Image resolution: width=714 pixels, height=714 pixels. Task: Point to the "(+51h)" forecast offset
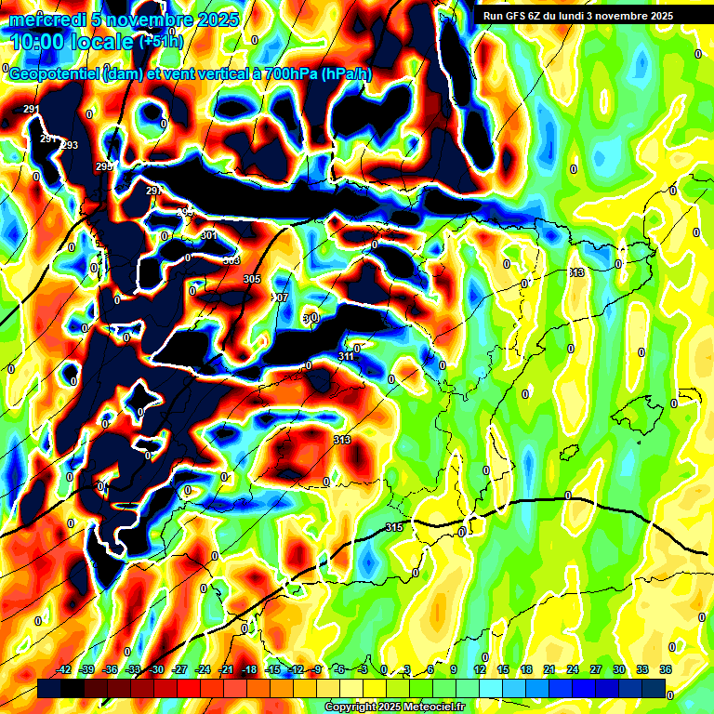coord(161,42)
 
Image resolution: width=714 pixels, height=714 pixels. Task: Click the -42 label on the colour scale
coord(63,669)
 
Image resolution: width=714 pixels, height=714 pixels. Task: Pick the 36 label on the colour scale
coord(666,669)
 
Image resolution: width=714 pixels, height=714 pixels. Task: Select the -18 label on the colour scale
coord(249,669)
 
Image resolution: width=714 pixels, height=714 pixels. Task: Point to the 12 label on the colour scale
coord(480,669)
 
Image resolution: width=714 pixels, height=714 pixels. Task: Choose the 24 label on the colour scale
coord(573,669)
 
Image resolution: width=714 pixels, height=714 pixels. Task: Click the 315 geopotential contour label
coord(394,528)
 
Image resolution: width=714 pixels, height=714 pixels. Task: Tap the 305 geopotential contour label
coord(252,279)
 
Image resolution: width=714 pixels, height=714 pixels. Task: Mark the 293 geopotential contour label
coord(70,146)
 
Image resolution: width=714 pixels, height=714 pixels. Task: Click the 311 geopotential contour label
coord(346,356)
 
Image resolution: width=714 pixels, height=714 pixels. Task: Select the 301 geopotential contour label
coord(208,236)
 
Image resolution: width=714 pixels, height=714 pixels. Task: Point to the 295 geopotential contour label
coord(103,166)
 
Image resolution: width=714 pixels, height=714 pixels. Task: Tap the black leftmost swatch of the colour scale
coord(49,688)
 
